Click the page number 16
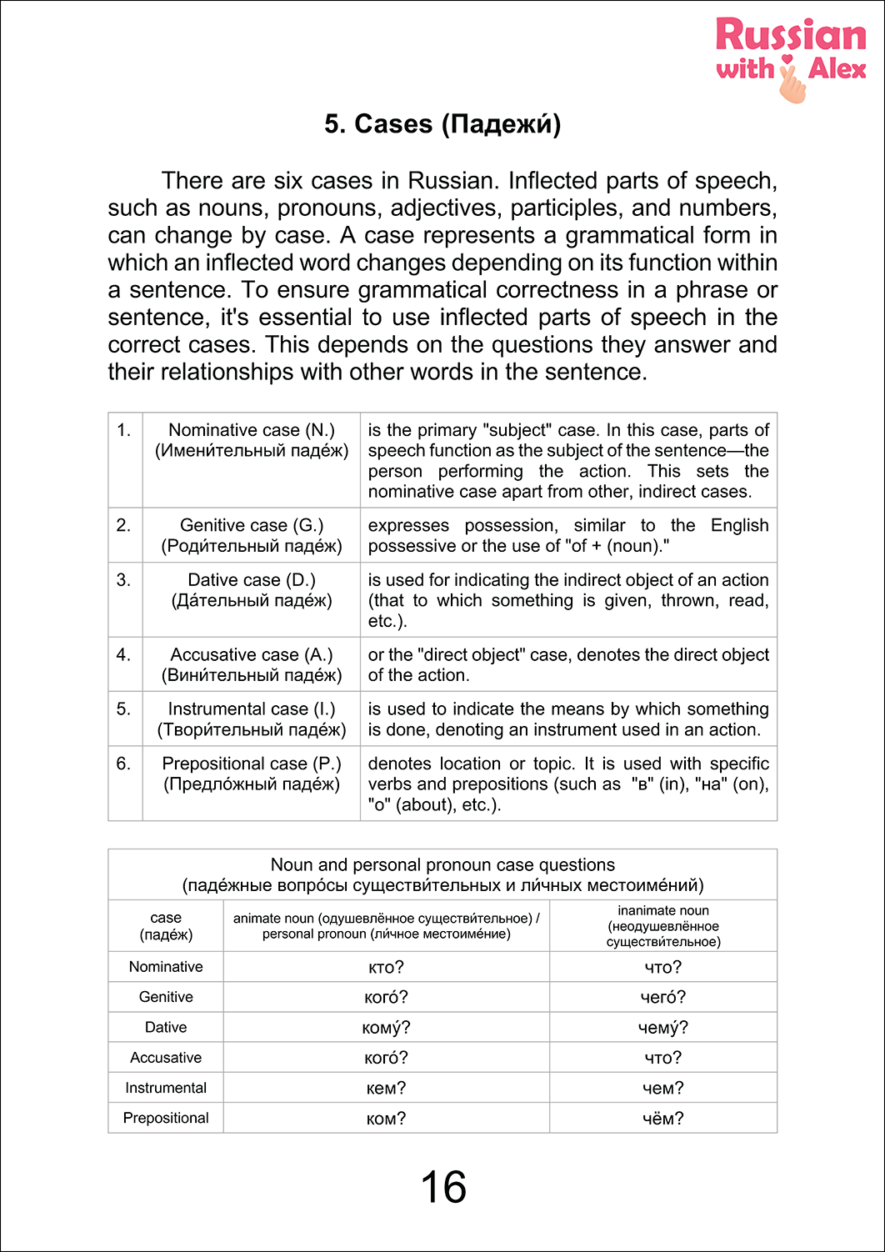(x=443, y=1187)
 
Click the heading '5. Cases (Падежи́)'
(x=442, y=124)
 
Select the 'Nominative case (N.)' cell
(x=252, y=430)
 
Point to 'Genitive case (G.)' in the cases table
(x=252, y=525)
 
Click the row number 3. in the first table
(x=124, y=580)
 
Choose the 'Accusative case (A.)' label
(x=252, y=655)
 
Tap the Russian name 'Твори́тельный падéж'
(x=252, y=730)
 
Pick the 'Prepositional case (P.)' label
(x=252, y=764)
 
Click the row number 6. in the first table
(x=124, y=764)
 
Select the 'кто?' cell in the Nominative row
(x=386, y=967)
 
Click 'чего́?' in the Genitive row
(x=663, y=997)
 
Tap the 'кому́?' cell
(x=386, y=1028)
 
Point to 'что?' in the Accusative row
(x=663, y=1058)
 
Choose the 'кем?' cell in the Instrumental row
(x=386, y=1088)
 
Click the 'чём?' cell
(x=663, y=1119)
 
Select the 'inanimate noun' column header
(x=663, y=925)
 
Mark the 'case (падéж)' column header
(x=166, y=925)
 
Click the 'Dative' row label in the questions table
(x=166, y=1028)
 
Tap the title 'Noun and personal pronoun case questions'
(x=442, y=865)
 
